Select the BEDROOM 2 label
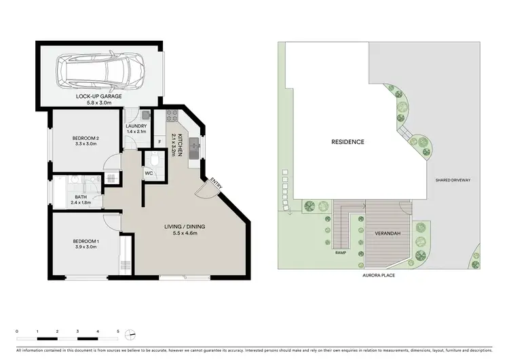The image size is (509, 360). click(86, 141)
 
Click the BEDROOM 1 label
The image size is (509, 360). click(86, 242)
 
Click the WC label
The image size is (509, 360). click(149, 173)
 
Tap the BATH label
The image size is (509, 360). click(81, 199)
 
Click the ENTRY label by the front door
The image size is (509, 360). click(216, 183)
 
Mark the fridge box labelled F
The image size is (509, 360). click(159, 141)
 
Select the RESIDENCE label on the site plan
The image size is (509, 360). click(347, 142)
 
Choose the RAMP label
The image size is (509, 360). click(341, 253)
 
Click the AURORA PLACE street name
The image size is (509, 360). click(379, 275)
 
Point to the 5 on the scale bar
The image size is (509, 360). click(118, 331)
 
